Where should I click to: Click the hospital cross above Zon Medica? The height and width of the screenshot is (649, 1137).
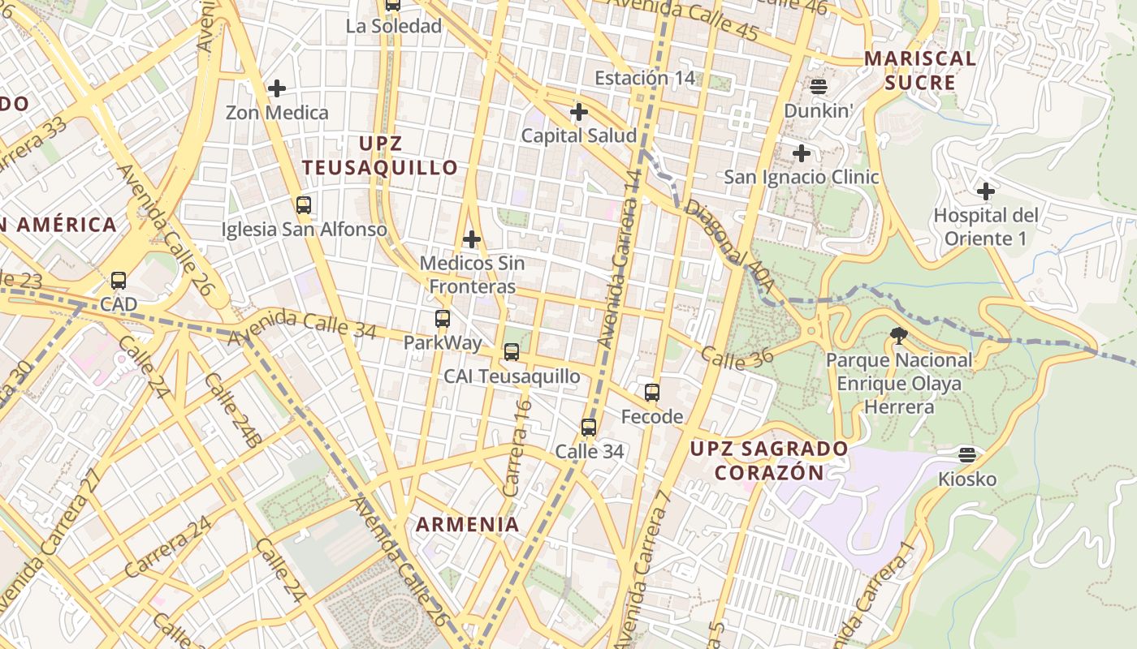pos(277,88)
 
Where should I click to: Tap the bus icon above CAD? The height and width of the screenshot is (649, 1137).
pos(119,281)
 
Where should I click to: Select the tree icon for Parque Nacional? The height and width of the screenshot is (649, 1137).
pos(898,335)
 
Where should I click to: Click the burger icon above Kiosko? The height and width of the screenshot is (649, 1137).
pos(966,454)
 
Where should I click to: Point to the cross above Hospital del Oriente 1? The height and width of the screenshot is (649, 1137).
pos(986,191)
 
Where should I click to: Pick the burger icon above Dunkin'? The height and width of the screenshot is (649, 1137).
pos(818,86)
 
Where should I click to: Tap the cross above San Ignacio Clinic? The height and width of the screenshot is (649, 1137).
pos(802,153)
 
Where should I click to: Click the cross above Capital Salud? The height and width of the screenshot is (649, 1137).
pos(579,111)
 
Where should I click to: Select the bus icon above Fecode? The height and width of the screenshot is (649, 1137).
pos(652,393)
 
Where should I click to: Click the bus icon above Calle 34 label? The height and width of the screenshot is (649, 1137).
pos(589,427)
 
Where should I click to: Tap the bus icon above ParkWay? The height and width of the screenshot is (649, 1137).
pos(443,319)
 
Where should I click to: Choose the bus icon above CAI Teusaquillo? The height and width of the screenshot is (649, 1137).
pos(512,352)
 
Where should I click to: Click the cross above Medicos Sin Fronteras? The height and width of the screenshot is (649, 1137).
pos(472,239)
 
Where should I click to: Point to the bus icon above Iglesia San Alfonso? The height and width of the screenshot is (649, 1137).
pos(304,204)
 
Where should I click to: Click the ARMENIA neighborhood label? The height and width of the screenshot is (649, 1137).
pos(468,524)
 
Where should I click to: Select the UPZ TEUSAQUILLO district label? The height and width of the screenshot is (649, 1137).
pos(380,156)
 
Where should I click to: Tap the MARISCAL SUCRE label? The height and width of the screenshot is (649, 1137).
pos(920,71)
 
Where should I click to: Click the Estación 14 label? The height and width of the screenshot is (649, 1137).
pos(646,78)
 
